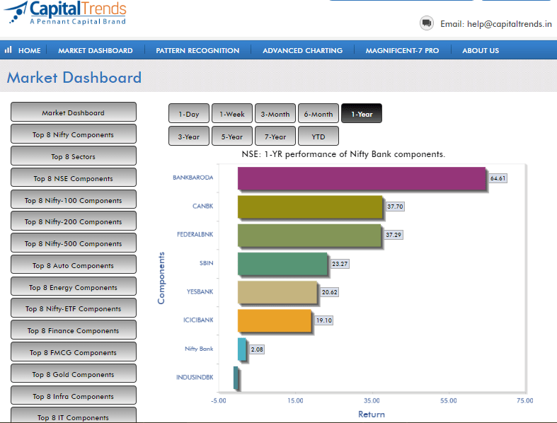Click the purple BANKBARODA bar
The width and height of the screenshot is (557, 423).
pos(362,178)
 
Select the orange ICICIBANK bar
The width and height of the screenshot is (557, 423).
pos(275,320)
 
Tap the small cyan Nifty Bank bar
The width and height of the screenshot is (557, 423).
pos(241,349)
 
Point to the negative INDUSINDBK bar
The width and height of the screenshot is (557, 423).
pos(236,378)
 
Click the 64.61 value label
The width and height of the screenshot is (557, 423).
pos(498,178)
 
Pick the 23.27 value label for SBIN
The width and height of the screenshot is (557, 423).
pos(340,264)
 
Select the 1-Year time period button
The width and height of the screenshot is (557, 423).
pos(362,114)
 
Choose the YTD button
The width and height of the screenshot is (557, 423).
pos(318,137)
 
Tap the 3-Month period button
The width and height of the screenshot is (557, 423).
pos(275,114)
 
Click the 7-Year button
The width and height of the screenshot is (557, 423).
pos(275,137)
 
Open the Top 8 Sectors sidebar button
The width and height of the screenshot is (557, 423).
pos(74,156)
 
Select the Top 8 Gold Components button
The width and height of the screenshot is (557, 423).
pos(74,374)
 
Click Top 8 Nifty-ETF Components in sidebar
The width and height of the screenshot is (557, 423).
pos(74,308)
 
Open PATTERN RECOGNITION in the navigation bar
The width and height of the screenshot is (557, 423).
pos(197,50)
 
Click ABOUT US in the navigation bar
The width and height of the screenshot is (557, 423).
pos(481,50)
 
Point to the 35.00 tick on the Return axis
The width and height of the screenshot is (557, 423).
pos(372,400)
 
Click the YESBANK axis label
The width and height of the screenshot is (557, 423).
pos(200,291)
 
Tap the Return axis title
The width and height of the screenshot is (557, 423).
pos(371,414)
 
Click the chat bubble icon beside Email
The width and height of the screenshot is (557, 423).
pos(427,23)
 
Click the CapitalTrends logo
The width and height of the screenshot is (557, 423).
pos(66,13)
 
